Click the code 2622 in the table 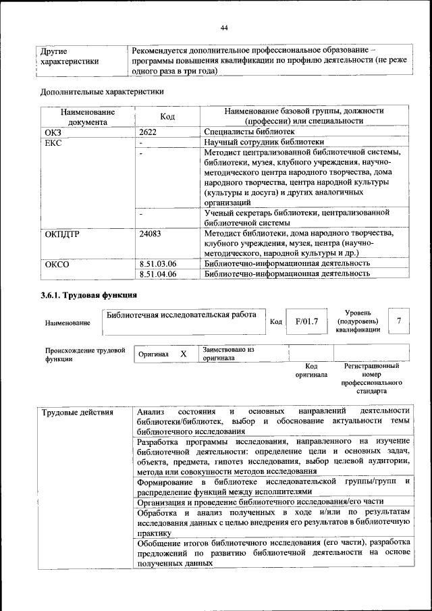[148, 132]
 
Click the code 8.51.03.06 [157, 264]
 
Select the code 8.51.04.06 [157, 274]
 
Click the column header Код [168, 117]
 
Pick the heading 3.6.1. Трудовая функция [88, 295]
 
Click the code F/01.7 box [306, 321]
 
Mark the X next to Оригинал [183, 354]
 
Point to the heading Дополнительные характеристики [102, 92]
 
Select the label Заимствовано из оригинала [228, 354]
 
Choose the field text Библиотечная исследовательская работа [182, 315]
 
